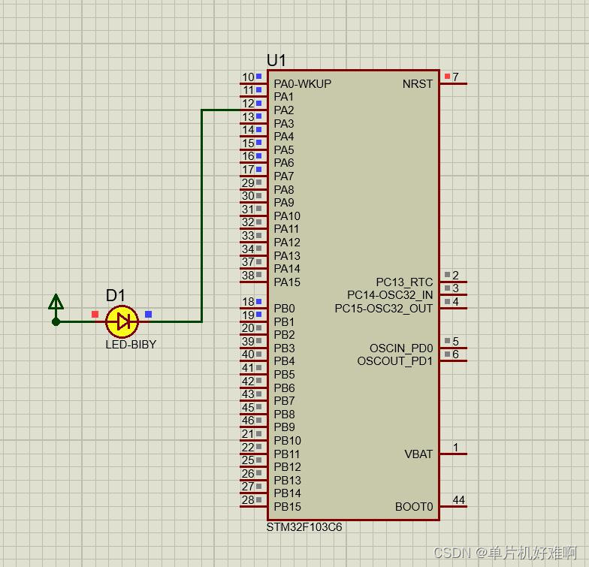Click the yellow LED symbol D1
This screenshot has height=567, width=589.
pos(122,321)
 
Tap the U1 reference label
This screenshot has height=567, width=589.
pos(276,61)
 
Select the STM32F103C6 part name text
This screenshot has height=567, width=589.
pos(304,527)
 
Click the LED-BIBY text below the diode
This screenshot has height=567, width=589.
pos(131,345)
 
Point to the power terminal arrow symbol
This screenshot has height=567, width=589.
pos(56,303)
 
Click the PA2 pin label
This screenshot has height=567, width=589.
pos(284,110)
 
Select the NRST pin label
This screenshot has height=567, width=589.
pos(418,83)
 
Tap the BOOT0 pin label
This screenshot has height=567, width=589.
pos(414,507)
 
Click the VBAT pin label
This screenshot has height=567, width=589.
pos(418,454)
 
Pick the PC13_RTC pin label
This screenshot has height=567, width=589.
pos(404,282)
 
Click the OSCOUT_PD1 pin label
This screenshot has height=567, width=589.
pos(395,361)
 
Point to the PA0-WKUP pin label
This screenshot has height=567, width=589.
pos(302,83)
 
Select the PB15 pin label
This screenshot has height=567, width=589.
pos(287,506)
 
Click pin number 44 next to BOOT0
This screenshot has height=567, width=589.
pos(458,500)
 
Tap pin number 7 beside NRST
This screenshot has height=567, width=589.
pos(455,77)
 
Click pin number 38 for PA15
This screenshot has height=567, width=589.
pos(247,276)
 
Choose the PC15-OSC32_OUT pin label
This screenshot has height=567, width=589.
pos(384,309)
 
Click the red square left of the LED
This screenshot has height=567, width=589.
pos(95,314)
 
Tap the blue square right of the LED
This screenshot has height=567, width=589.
pos(148,314)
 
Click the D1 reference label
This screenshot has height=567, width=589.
pos(116,296)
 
